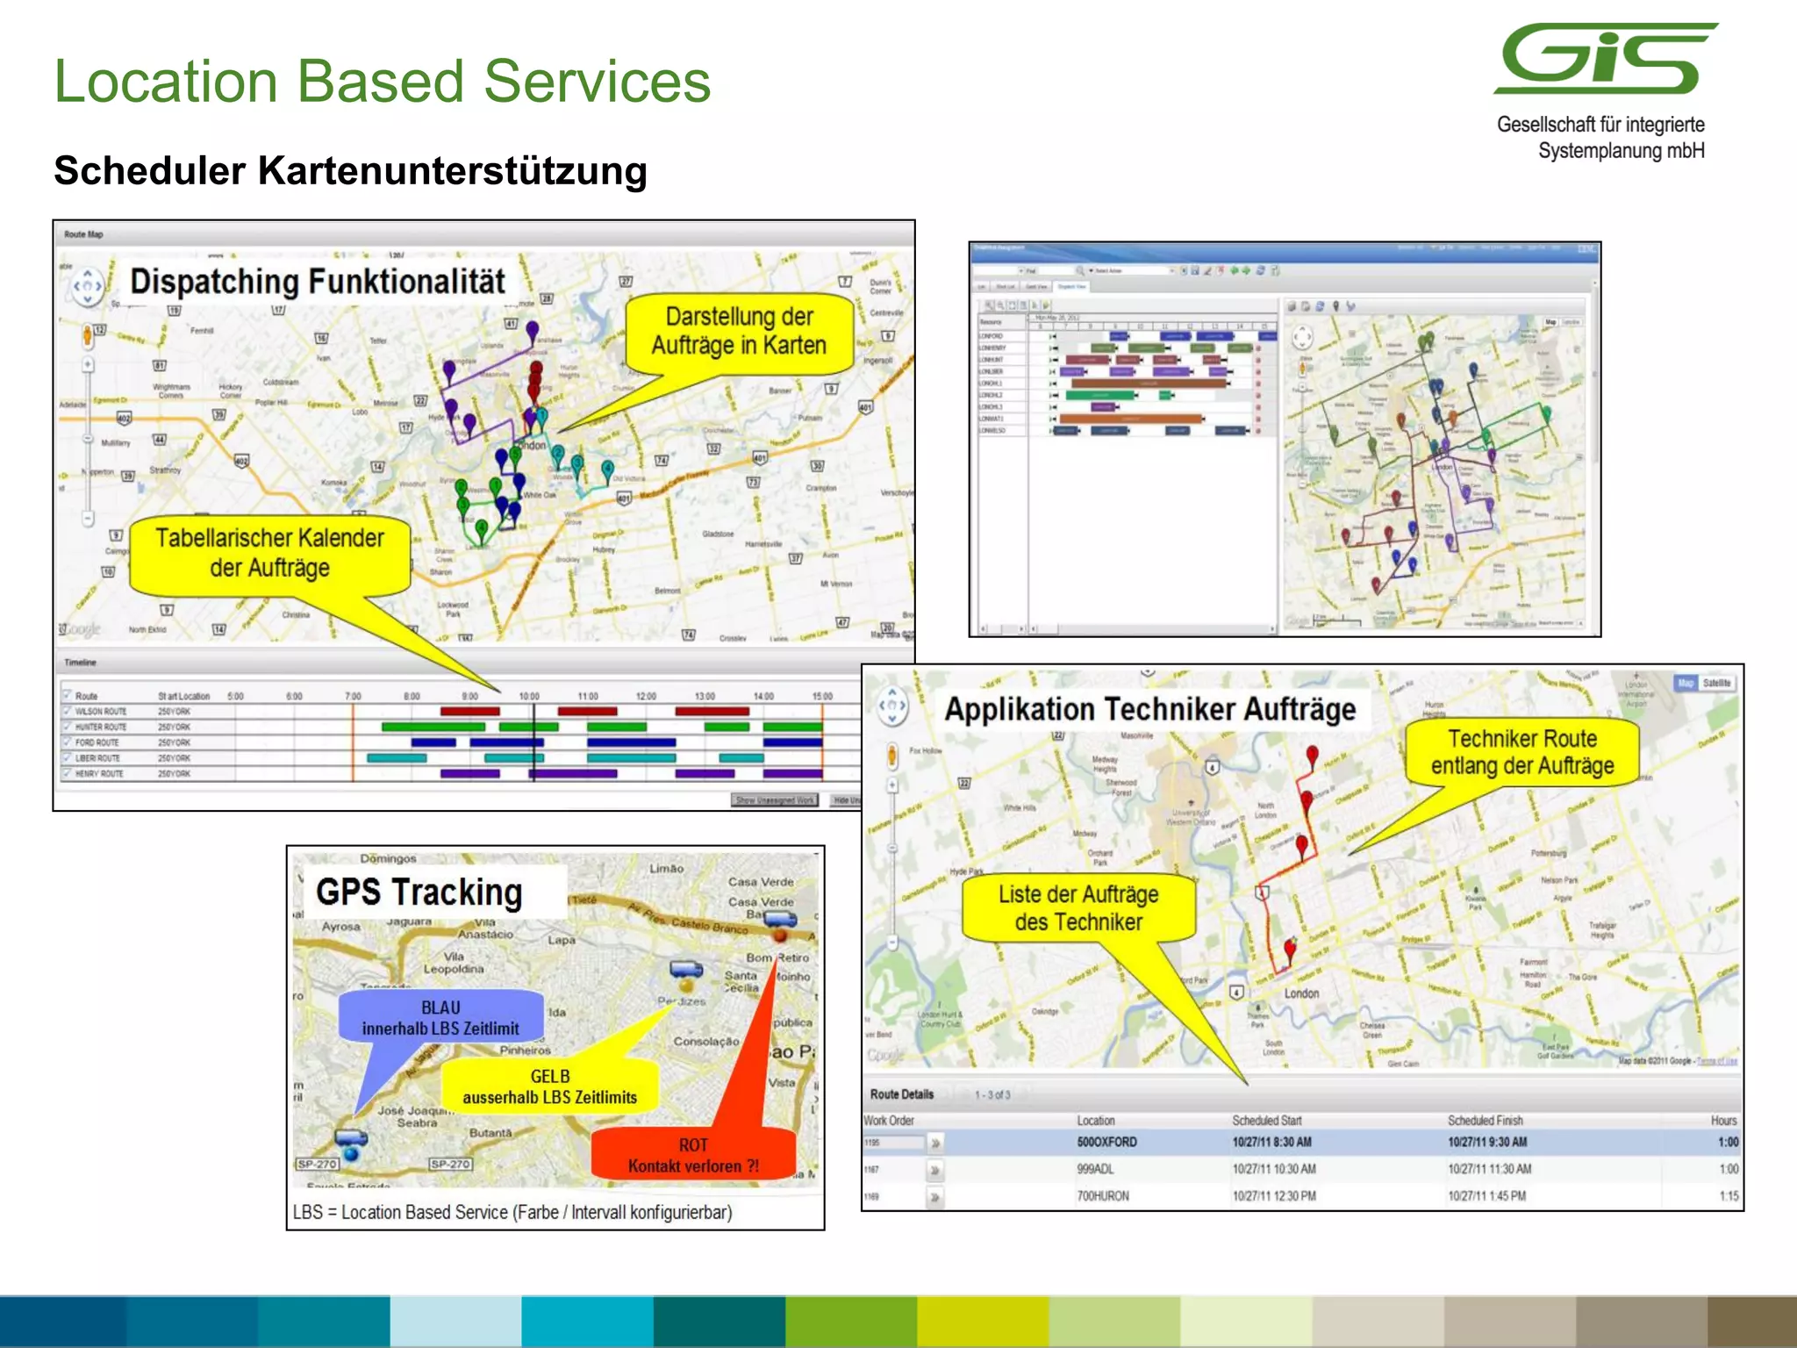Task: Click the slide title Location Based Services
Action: [383, 82]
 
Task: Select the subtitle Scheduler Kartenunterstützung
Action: [350, 170]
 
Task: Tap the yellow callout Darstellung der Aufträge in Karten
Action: [739, 332]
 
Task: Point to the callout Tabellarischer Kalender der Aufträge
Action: [269, 553]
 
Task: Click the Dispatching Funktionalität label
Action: [317, 282]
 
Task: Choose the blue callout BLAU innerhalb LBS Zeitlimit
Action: [440, 1018]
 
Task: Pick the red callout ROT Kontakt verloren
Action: [693, 1155]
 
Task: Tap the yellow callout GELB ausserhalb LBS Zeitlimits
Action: [550, 1086]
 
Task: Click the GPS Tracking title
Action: [419, 893]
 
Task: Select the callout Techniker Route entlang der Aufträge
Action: [1522, 752]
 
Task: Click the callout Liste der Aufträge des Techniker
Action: [1078, 908]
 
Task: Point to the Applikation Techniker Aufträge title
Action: [1149, 709]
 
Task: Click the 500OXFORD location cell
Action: [1106, 1143]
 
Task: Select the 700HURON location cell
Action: [1103, 1196]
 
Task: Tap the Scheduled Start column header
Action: [1267, 1121]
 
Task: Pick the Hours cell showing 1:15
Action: [1729, 1196]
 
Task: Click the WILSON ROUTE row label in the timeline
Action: [101, 712]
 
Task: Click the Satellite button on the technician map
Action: [1716, 684]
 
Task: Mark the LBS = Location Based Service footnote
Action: [512, 1213]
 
